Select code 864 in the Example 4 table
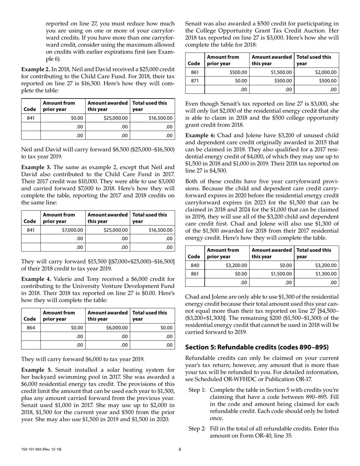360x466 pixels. (x=31, y=328)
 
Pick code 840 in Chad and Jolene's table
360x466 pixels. (x=194, y=265)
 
